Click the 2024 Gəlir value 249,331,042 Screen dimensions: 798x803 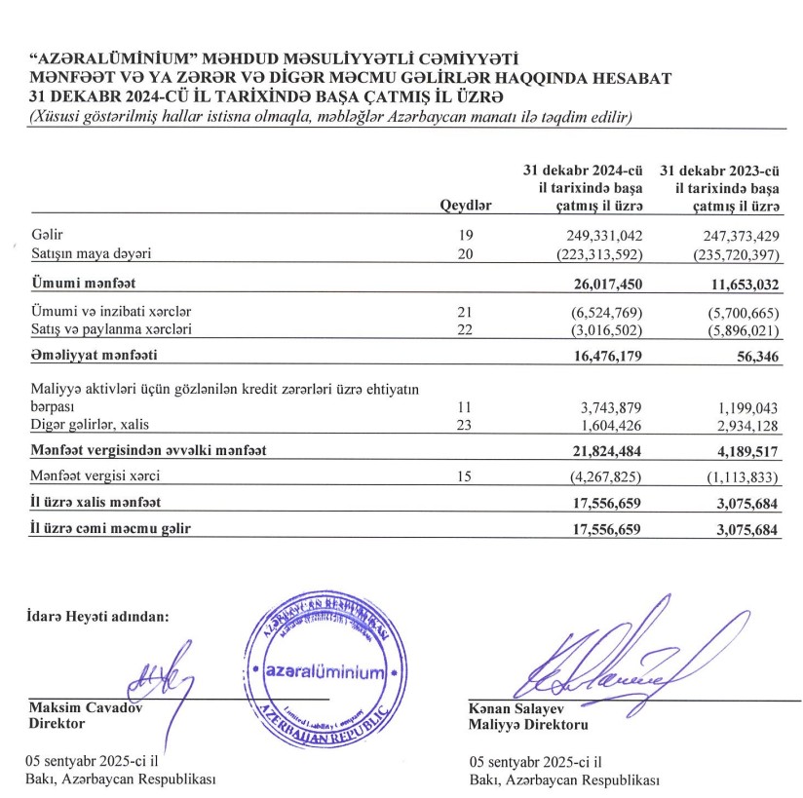[603, 237]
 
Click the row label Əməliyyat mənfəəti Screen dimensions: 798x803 [95, 357]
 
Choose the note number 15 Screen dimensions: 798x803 [465, 476]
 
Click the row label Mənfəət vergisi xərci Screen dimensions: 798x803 [95, 476]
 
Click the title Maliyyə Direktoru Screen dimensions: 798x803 [528, 725]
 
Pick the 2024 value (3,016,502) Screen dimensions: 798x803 [604, 330]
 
